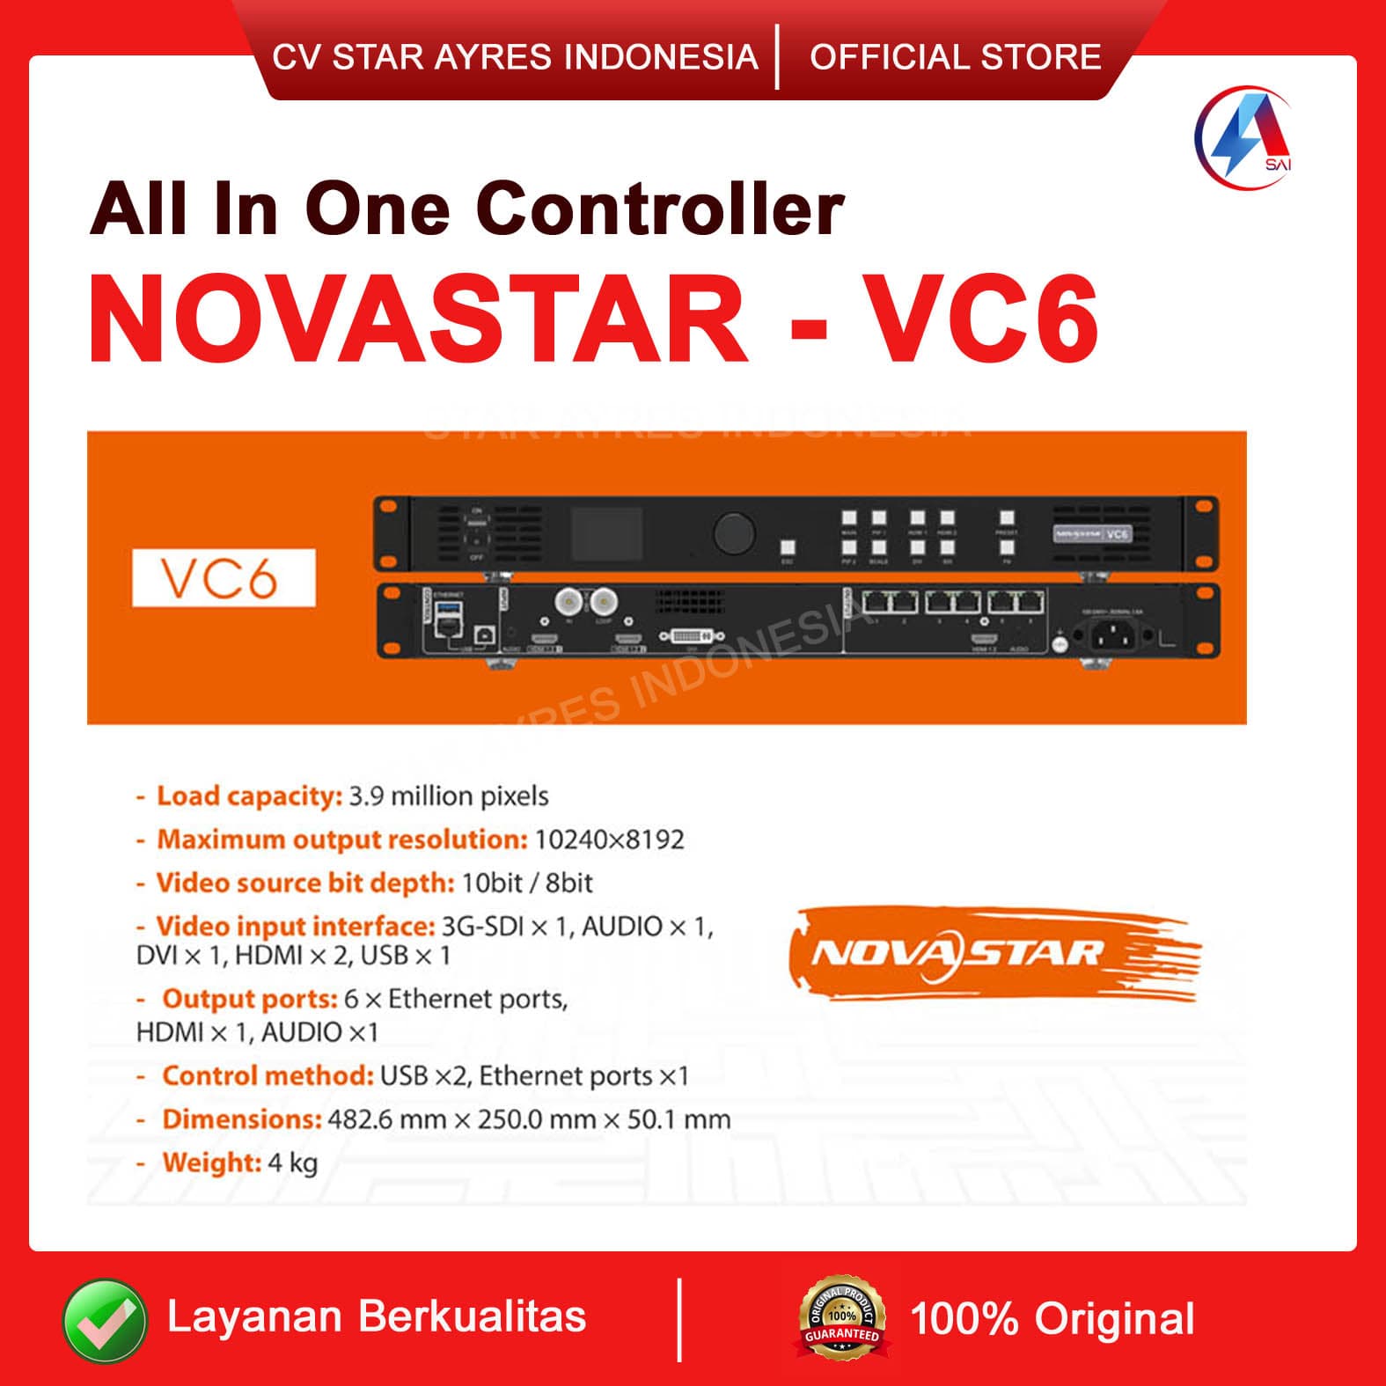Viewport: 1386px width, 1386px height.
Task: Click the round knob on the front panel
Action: pos(734,532)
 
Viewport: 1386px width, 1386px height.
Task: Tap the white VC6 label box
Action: pos(224,578)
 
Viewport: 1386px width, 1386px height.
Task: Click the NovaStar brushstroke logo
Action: pos(994,955)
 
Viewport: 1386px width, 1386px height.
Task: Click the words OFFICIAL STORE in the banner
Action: pos(955,57)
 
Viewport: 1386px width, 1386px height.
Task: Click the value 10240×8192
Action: pos(609,840)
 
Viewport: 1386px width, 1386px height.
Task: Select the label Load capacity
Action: pos(249,796)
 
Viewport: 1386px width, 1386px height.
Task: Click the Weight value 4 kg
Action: pos(293,1163)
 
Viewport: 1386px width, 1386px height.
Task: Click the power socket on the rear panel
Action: pos(1113,633)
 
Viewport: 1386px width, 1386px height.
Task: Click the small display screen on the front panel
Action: pos(608,532)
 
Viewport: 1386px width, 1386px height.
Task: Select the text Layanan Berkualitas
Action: pos(377,1317)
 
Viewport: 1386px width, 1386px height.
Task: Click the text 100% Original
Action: pos(1052,1319)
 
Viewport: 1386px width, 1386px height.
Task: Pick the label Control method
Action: pos(268,1076)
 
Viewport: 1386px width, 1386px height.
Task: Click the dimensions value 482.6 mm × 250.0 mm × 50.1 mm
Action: pos(529,1120)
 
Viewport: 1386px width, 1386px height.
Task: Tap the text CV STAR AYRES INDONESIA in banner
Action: pos(515,57)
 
